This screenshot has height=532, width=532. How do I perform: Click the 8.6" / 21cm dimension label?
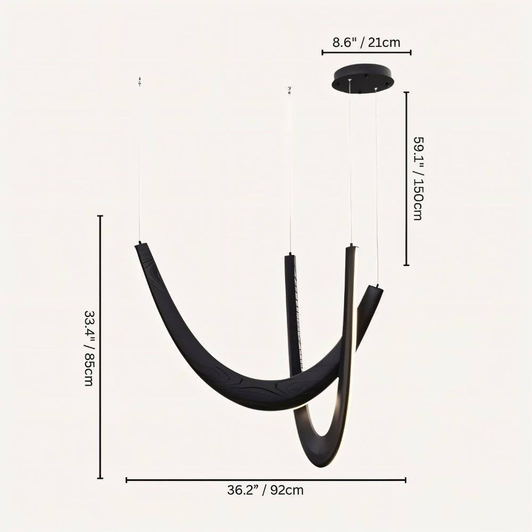(366, 43)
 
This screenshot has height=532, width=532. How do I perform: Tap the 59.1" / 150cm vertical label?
(418, 178)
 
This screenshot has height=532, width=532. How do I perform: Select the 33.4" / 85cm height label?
(89, 348)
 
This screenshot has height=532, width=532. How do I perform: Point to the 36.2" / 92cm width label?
(265, 490)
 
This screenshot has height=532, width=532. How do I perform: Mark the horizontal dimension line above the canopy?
(367, 52)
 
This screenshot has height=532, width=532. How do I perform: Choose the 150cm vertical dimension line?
(406, 178)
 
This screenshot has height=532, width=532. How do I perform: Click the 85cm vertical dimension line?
(100, 347)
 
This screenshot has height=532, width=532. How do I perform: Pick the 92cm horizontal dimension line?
(266, 480)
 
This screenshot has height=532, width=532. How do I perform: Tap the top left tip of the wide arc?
(139, 244)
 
